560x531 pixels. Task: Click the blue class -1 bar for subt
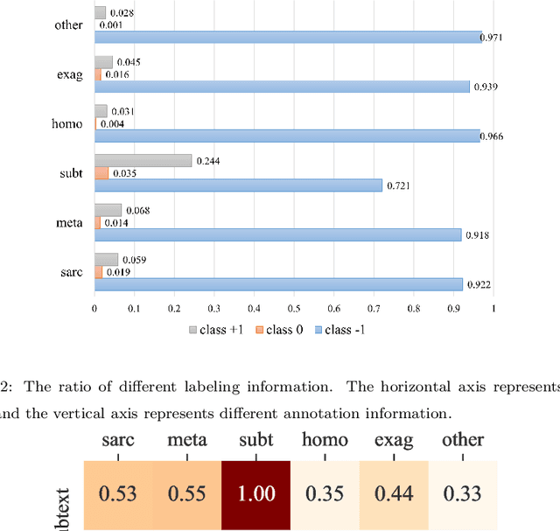coord(238,185)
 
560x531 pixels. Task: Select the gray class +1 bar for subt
coord(143,161)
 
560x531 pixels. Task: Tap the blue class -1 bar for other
coord(288,37)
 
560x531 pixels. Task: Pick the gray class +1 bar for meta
coord(108,210)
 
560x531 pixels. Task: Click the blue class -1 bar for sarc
coord(278,284)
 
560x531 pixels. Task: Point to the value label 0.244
coord(208,161)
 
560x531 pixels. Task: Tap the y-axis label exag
coord(69,74)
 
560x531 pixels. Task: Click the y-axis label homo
coord(67,123)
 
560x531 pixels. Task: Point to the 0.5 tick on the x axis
coord(293,309)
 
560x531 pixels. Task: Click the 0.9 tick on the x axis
coord(452,309)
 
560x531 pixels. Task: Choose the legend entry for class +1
coord(214,330)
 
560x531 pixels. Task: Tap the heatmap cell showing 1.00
coord(255,494)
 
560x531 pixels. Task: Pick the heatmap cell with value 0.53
coord(117,494)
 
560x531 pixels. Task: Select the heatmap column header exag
coord(393,440)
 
